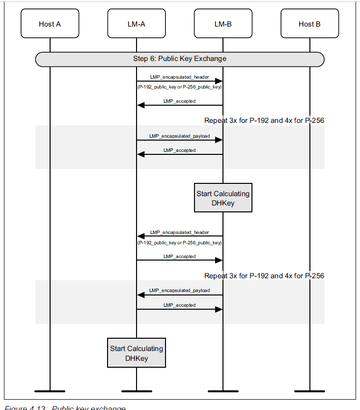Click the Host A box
(x=50, y=24)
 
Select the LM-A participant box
(x=137, y=24)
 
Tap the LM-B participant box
(x=223, y=24)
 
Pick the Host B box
(x=309, y=24)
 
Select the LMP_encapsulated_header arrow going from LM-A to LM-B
(x=180, y=82)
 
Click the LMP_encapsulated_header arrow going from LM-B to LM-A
(x=180, y=236)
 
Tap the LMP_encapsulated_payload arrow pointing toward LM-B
(x=180, y=140)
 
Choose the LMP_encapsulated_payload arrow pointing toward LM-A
(x=180, y=295)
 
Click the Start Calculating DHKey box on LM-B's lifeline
(x=223, y=198)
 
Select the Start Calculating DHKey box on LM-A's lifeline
(x=137, y=353)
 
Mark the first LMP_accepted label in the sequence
(x=179, y=101)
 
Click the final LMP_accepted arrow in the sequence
(x=180, y=309)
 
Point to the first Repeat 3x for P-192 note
(x=264, y=120)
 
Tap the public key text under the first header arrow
(x=179, y=87)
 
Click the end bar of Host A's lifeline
(x=50, y=391)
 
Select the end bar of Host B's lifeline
(x=309, y=391)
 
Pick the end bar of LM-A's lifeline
(x=137, y=391)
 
